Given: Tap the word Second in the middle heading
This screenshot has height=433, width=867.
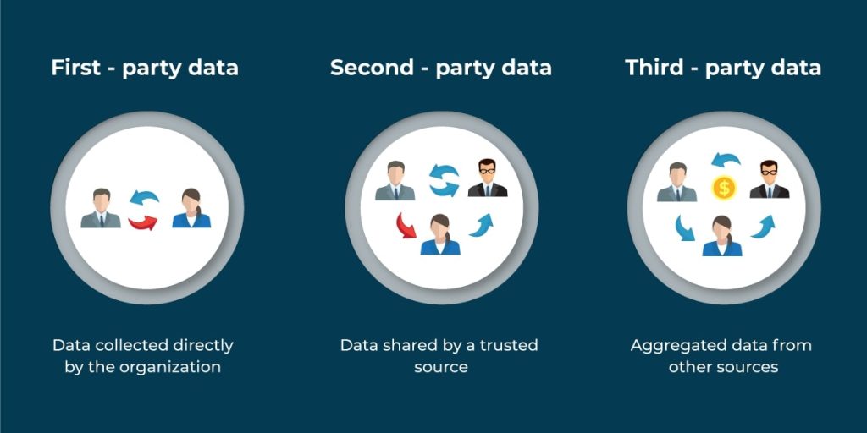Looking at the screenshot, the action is pyautogui.click(x=372, y=68).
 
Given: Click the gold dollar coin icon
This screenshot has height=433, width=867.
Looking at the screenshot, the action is pyautogui.click(x=724, y=188).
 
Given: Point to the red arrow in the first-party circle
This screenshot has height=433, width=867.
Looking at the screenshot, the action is pyautogui.click(x=142, y=222).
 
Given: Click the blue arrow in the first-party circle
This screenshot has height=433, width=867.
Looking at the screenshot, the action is pyautogui.click(x=144, y=197).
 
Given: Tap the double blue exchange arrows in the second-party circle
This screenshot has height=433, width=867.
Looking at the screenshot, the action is pyautogui.click(x=444, y=181).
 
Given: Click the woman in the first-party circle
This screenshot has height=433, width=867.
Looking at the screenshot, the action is pyautogui.click(x=191, y=208).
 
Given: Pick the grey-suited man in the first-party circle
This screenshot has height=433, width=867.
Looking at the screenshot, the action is pyautogui.click(x=101, y=208).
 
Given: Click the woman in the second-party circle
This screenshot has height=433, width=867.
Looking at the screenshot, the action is pyautogui.click(x=440, y=235).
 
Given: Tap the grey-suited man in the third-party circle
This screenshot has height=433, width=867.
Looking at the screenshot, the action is pyautogui.click(x=676, y=182).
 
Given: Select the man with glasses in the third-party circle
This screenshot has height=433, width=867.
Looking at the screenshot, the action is pyautogui.click(x=769, y=179).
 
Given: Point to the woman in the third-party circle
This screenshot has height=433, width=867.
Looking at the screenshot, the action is pyautogui.click(x=722, y=236).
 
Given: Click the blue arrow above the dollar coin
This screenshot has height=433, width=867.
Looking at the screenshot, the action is pyautogui.click(x=726, y=161).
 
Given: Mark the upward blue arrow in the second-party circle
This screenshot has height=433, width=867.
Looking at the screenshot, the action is pyautogui.click(x=481, y=225).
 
